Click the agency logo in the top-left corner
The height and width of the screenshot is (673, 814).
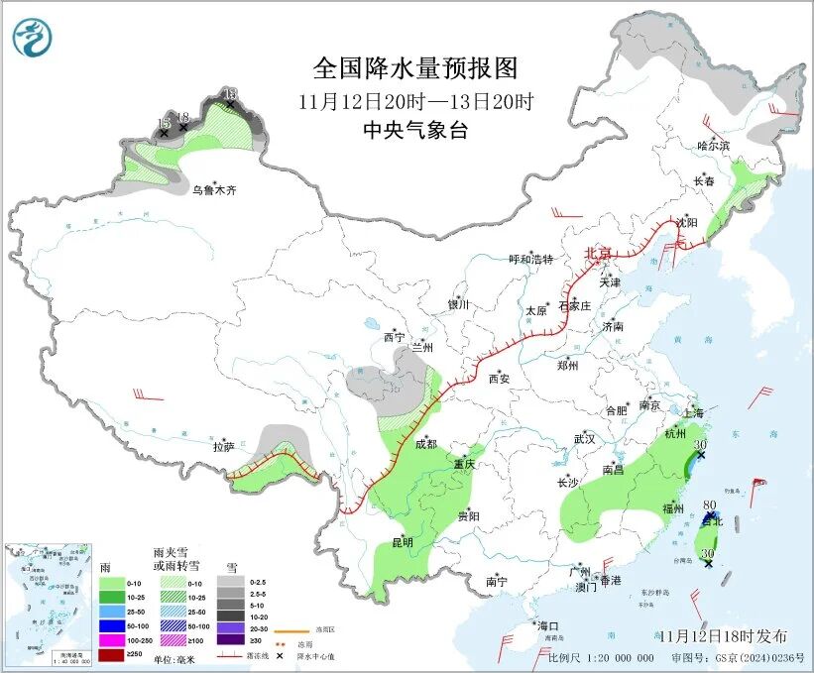pyautogui.click(x=33, y=37)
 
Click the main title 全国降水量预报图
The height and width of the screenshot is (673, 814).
pyautogui.click(x=415, y=68)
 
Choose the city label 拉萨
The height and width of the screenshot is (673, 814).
pyautogui.click(x=223, y=448)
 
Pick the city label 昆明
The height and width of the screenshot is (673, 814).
pyautogui.click(x=403, y=543)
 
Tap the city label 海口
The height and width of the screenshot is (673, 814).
pyautogui.click(x=548, y=626)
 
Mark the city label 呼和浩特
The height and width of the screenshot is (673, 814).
pyautogui.click(x=530, y=260)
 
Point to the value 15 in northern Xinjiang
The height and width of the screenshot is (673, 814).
pyautogui.click(x=165, y=124)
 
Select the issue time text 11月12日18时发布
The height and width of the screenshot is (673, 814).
pyautogui.click(x=723, y=635)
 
